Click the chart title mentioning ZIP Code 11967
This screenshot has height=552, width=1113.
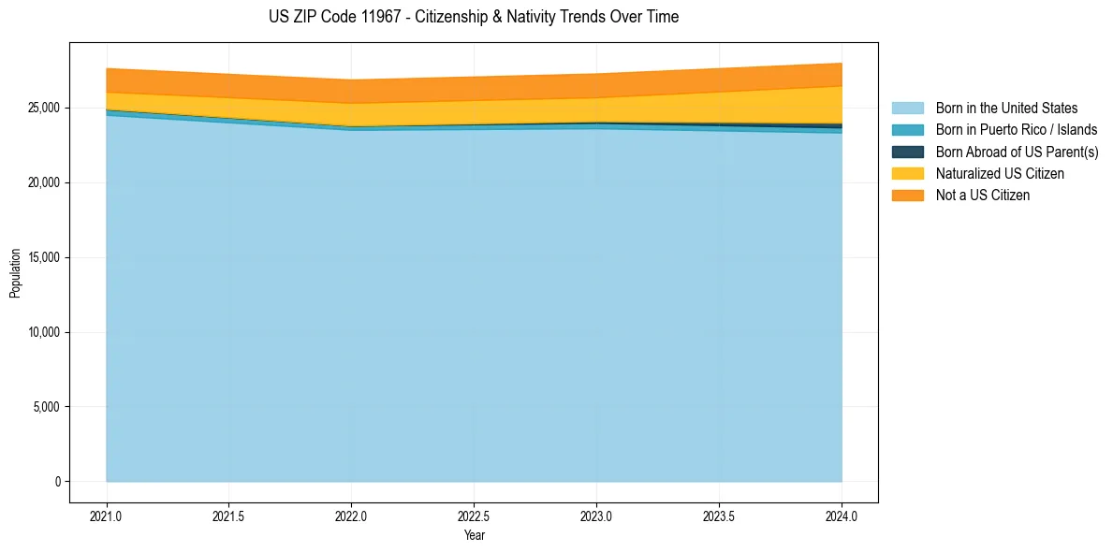point(473,17)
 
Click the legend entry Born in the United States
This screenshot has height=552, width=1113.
point(1005,109)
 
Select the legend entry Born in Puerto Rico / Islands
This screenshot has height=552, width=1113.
point(1016,130)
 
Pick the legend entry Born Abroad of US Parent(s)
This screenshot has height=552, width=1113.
point(1017,152)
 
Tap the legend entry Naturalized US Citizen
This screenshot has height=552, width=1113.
point(999,174)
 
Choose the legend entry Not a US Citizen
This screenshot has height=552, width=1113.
point(982,196)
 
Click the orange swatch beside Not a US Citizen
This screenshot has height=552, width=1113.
point(907,196)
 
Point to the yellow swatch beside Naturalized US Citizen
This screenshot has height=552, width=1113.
point(907,174)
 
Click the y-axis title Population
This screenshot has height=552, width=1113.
point(15,272)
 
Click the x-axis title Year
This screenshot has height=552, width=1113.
point(474,535)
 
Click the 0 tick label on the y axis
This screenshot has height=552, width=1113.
point(56,482)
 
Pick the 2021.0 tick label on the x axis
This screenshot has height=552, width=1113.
point(106,516)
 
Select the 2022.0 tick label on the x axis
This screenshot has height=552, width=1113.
point(351,516)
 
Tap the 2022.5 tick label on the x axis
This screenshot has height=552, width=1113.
point(474,516)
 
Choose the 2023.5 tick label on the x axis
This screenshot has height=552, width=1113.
point(719,516)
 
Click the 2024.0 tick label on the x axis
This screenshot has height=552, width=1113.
point(842,516)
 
